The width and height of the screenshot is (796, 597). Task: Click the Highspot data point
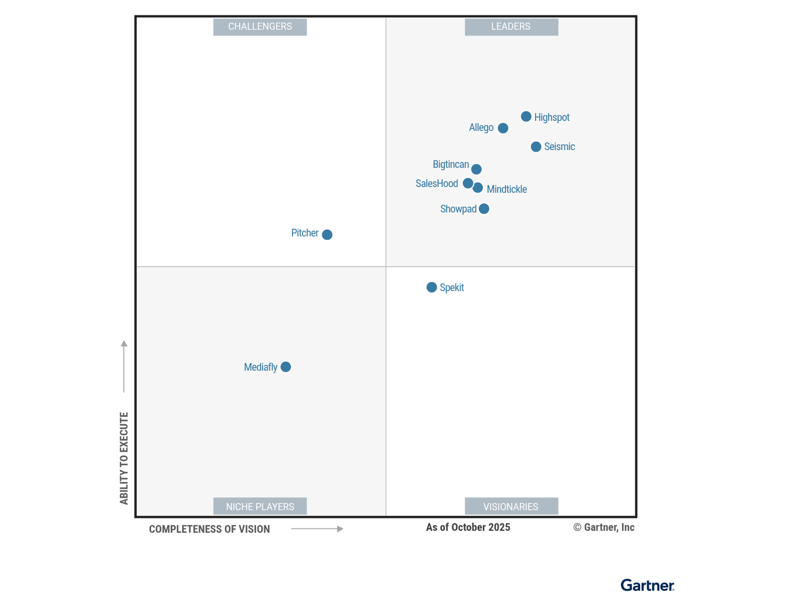[526, 117]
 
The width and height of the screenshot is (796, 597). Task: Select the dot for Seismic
[536, 147]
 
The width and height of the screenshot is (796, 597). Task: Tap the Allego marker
[503, 128]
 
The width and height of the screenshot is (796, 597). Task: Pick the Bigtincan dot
[476, 169]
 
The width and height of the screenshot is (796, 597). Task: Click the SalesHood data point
[468, 183]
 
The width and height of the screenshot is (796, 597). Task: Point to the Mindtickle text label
[506, 189]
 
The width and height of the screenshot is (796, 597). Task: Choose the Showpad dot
[484, 209]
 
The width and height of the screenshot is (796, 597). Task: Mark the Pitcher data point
[327, 234]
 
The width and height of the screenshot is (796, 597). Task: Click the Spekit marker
[432, 287]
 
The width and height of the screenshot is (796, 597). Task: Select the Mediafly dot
[286, 367]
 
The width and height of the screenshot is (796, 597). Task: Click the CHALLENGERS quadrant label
[260, 27]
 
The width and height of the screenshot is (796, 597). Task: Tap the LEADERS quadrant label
[511, 27]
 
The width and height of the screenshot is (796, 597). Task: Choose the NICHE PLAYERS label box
[260, 506]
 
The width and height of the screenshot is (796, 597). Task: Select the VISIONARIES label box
[511, 506]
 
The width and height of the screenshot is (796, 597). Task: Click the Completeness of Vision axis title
[210, 529]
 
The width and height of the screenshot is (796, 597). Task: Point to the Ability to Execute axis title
[124, 458]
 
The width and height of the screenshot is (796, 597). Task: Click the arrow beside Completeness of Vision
[317, 529]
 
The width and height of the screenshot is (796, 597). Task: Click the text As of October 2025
[468, 527]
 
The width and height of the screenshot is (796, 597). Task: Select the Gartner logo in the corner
[647, 585]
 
